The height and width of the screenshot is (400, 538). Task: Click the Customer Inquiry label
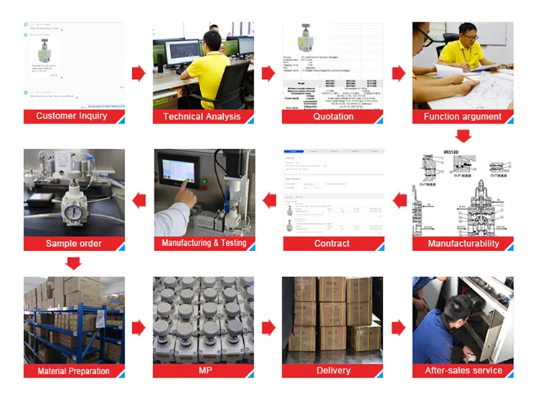click(72, 116)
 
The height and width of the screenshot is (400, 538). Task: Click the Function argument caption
click(463, 116)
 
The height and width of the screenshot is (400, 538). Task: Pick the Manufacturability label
click(463, 244)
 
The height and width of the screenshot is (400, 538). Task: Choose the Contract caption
click(332, 244)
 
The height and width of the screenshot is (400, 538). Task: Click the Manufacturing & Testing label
click(204, 243)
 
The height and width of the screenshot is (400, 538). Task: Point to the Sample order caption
click(73, 244)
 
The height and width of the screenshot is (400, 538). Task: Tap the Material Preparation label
click(73, 371)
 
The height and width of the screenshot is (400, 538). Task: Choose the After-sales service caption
click(463, 371)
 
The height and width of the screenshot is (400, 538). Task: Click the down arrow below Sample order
click(73, 263)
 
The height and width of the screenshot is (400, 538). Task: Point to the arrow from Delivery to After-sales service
click(398, 328)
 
